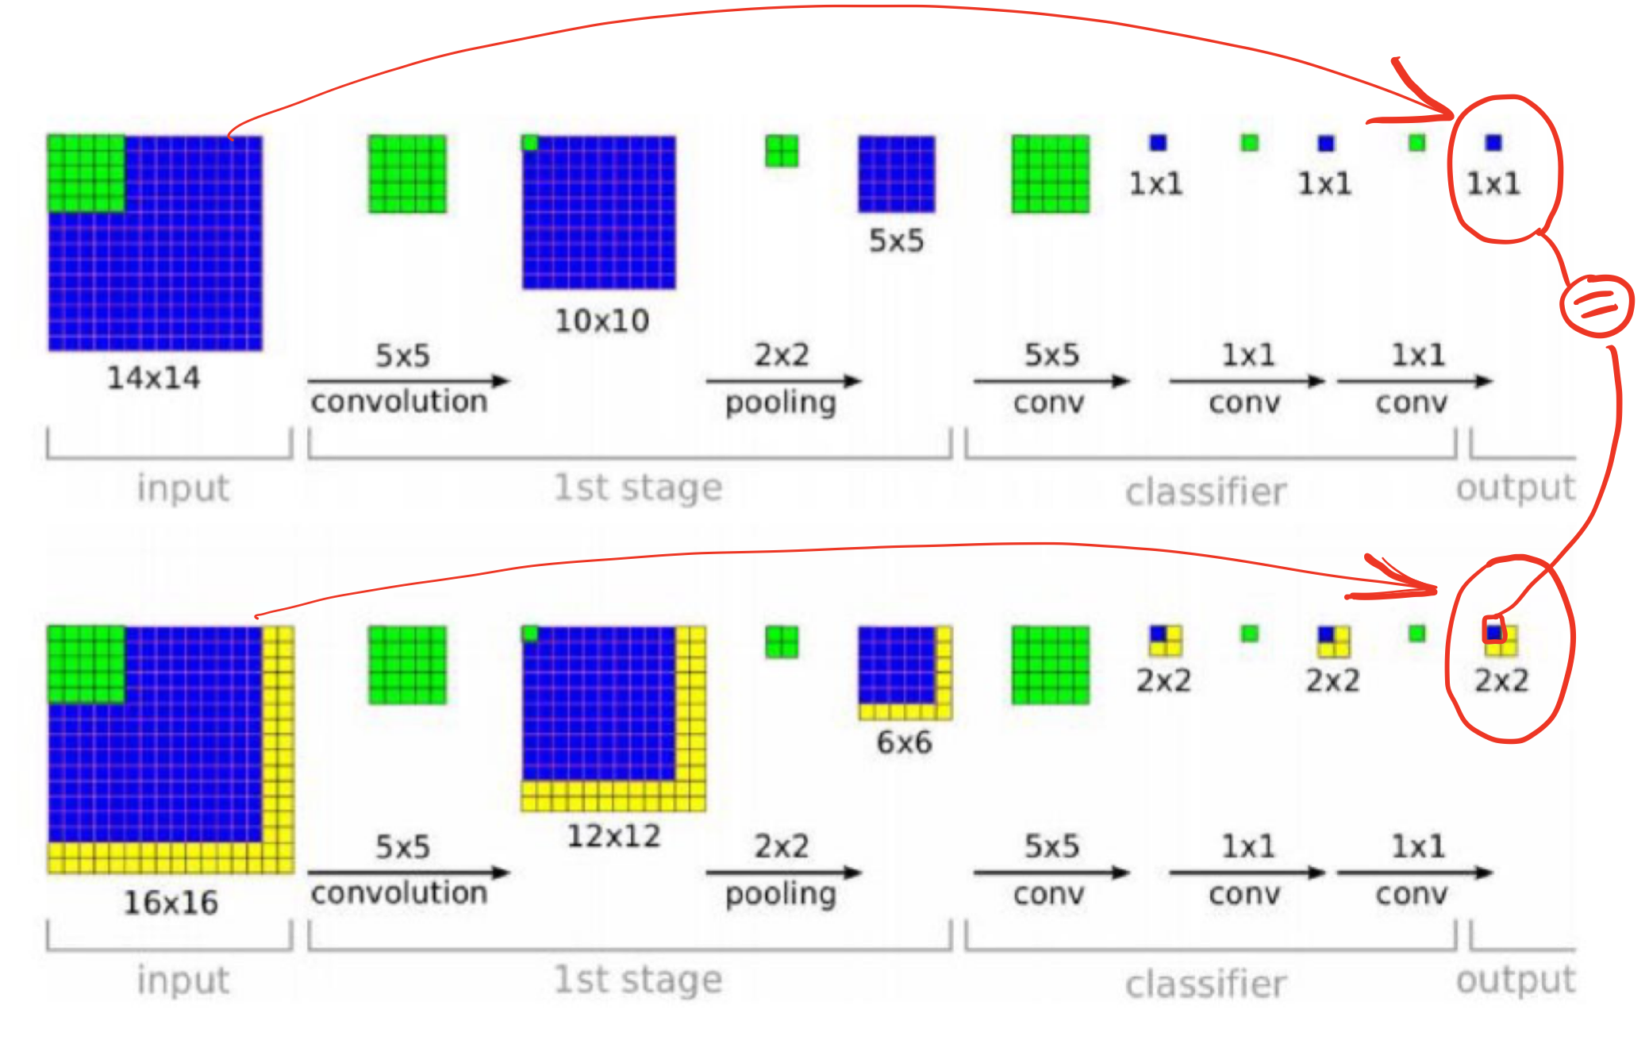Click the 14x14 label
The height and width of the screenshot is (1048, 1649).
point(154,378)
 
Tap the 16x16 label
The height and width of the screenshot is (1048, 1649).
point(171,903)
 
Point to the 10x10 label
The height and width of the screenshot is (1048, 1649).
point(602,321)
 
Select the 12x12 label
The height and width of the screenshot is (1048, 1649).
point(613,836)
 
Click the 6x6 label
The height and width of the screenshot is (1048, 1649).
point(904,742)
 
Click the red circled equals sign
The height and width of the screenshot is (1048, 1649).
point(1596,305)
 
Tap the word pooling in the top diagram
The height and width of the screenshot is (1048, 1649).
point(781,403)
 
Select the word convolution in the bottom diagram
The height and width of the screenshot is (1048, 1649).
point(399,893)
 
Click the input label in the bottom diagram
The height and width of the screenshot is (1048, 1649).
point(183,980)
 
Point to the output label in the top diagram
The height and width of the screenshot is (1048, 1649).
point(1516,487)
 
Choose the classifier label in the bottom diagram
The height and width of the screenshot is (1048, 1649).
point(1205,984)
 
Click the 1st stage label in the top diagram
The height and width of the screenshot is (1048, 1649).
point(638,487)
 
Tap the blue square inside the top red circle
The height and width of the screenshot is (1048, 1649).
point(1493,143)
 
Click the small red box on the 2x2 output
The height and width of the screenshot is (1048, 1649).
point(1493,629)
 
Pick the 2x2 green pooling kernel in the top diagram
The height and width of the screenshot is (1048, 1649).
point(782,151)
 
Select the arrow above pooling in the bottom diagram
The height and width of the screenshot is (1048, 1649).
point(782,873)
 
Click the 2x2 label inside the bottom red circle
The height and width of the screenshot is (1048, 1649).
point(1501,680)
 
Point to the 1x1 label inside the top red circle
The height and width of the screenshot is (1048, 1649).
point(1493,184)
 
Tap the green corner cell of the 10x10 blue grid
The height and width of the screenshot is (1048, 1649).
point(530,143)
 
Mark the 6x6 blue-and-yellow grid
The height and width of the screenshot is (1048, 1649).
point(905,672)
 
